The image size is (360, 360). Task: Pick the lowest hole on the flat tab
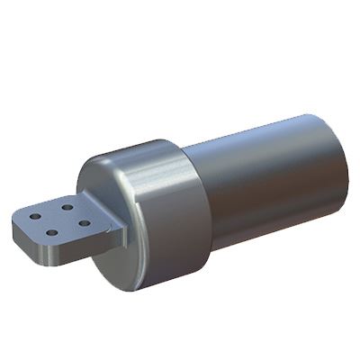(x=52, y=233)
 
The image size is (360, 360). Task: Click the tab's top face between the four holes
(x=58, y=220)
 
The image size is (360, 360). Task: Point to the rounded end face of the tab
(x=22, y=238)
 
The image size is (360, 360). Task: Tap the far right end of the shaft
(x=346, y=171)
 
